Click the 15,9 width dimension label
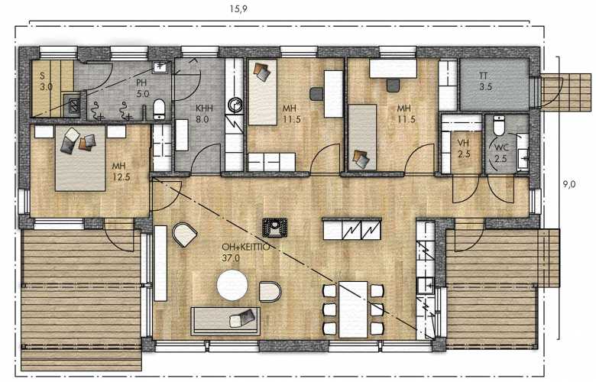tap(238, 8)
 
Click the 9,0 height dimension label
tap(569, 184)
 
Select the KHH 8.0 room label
tap(204, 114)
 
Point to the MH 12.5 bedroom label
tap(121, 171)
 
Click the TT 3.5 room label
tap(485, 81)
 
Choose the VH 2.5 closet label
tap(464, 149)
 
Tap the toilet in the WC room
tap(498, 125)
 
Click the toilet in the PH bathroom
tap(159, 109)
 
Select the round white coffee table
tap(232, 285)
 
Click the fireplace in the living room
tap(274, 228)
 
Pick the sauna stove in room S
tap(72, 105)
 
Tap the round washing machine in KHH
tap(235, 105)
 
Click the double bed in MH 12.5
tap(79, 158)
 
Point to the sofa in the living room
tap(225, 321)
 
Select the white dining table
tap(353, 309)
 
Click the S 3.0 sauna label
tap(46, 81)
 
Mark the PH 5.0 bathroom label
tap(143, 88)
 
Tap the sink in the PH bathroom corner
tap(160, 68)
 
